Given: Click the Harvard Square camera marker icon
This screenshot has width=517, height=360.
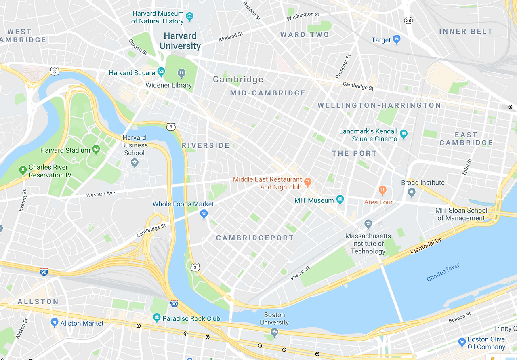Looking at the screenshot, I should pyautogui.click(x=161, y=72).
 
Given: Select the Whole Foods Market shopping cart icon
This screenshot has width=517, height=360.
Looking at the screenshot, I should pyautogui.click(x=204, y=214).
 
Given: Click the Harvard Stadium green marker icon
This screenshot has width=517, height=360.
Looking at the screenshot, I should pyautogui.click(x=96, y=150).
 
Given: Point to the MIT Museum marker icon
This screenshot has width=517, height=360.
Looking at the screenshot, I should pyautogui.click(x=340, y=200).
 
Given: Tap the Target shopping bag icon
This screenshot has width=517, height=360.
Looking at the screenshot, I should pyautogui.click(x=397, y=40).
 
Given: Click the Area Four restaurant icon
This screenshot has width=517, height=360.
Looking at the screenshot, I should pyautogui.click(x=382, y=190).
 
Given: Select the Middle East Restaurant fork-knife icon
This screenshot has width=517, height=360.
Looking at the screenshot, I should pyautogui.click(x=308, y=182).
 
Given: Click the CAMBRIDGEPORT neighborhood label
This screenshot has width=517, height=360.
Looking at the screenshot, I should pyautogui.click(x=255, y=238).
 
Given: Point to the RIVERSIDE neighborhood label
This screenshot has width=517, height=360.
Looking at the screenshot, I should pyautogui.click(x=206, y=145).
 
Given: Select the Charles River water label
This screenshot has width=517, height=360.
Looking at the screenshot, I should pyautogui.click(x=443, y=272).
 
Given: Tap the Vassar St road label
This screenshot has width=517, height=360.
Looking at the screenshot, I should pyautogui.click(x=300, y=274).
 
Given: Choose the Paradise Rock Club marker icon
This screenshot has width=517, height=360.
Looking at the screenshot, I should pyautogui.click(x=157, y=318).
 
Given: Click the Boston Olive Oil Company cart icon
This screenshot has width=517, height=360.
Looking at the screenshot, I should pyautogui.click(x=462, y=343).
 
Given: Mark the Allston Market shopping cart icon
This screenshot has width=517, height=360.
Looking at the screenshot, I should pyautogui.click(x=55, y=322).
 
